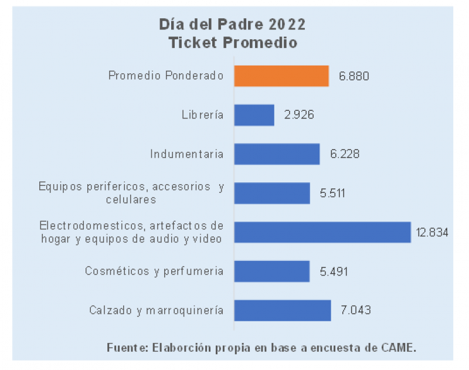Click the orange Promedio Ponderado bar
(x=281, y=76)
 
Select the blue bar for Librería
(x=254, y=115)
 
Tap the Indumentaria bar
(x=277, y=154)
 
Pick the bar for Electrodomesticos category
(x=322, y=232)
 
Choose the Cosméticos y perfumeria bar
(x=272, y=271)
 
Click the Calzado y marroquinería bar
(x=283, y=310)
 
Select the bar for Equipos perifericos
(x=272, y=193)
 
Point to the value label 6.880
(x=354, y=77)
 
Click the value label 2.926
(x=299, y=116)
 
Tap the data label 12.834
(x=432, y=233)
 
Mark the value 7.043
(x=356, y=311)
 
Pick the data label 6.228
(x=344, y=155)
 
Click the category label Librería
(x=203, y=116)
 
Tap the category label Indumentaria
(x=187, y=155)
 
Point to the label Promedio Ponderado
(x=166, y=76)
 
